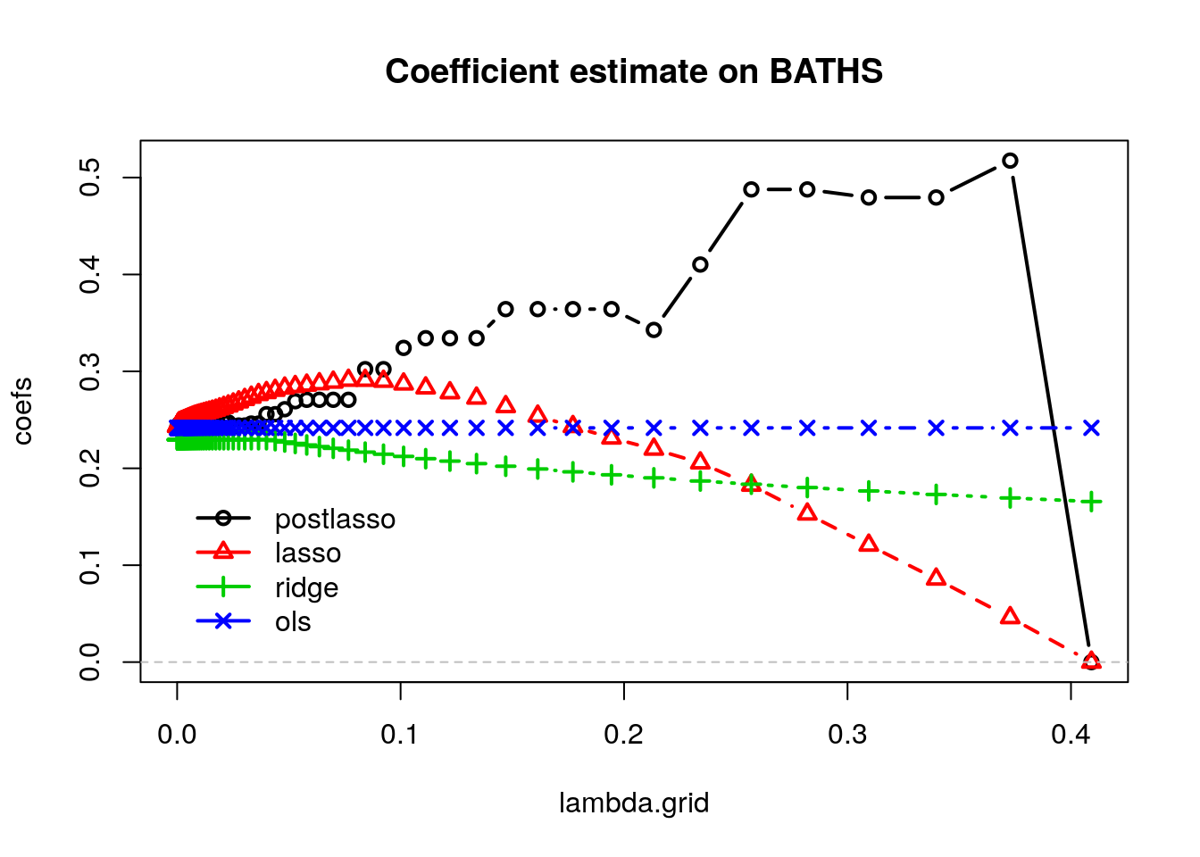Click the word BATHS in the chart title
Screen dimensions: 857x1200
point(826,71)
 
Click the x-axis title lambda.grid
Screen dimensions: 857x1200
point(634,803)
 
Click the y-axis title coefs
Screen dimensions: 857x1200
point(23,411)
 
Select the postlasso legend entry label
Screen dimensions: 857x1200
point(335,520)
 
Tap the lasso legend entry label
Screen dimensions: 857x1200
point(308,553)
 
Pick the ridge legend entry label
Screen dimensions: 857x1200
point(307,587)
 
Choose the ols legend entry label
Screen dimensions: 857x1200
point(293,621)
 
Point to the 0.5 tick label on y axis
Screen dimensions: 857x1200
point(90,178)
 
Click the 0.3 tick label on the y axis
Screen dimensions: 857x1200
point(90,371)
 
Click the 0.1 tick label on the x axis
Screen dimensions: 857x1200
point(400,735)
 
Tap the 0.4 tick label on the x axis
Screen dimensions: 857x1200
point(1071,735)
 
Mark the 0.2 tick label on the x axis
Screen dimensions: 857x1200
point(623,735)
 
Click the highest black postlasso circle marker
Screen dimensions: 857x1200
point(1010,161)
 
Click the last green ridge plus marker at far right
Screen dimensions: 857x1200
point(1091,503)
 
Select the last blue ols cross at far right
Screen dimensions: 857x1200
point(1091,428)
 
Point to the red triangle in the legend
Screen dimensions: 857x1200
point(223,552)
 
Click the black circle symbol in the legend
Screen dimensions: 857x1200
point(223,518)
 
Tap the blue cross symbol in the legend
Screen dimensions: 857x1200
point(223,620)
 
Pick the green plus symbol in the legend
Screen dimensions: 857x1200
point(223,587)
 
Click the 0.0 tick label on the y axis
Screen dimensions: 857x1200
point(90,662)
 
